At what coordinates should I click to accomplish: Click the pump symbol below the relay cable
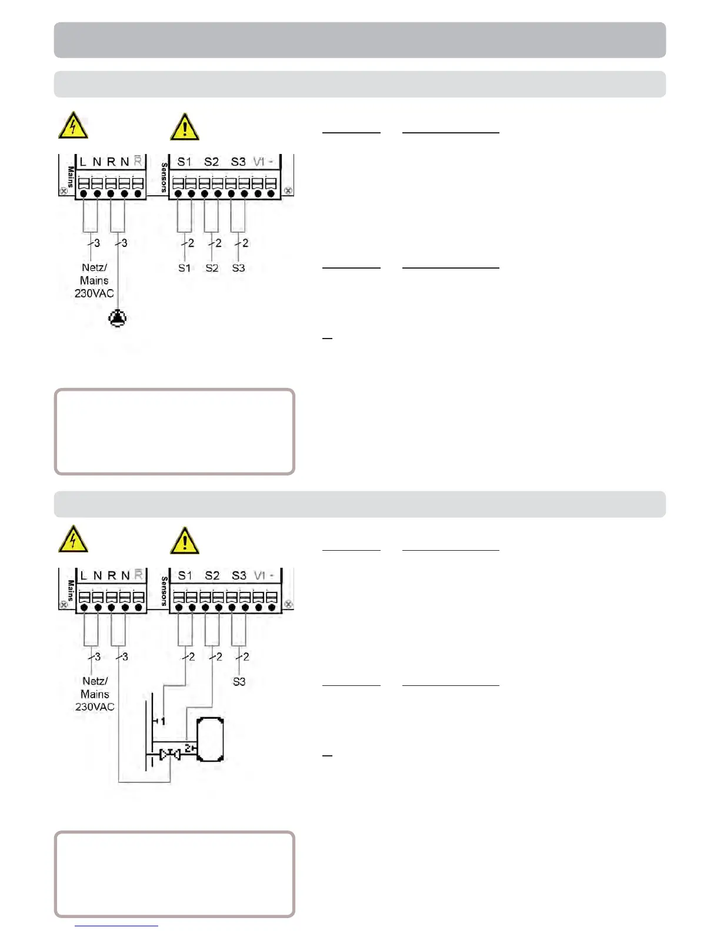tap(118, 318)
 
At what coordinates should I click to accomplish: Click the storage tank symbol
tap(210, 739)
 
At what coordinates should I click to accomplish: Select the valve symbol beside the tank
tap(170, 753)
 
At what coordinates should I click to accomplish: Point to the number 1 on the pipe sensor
tap(162, 721)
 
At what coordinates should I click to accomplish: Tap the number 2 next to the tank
tap(188, 748)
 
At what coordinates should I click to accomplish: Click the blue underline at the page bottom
tap(116, 926)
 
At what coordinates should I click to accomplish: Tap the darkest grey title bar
tap(359, 40)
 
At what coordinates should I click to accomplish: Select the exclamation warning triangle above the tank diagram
tap(185, 540)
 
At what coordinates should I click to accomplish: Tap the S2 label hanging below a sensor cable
tap(212, 268)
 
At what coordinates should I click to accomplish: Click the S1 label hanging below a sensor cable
tap(185, 268)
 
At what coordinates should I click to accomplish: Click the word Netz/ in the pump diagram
tap(94, 267)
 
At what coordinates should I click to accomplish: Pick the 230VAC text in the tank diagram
tap(95, 707)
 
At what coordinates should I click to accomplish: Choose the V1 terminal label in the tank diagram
tap(260, 575)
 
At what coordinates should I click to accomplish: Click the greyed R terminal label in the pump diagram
tap(138, 161)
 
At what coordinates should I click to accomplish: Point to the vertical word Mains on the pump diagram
tap(71, 176)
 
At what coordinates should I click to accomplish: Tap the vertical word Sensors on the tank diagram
tap(164, 591)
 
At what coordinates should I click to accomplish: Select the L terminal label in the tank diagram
tap(84, 575)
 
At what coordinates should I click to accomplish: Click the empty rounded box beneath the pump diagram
tap(174, 431)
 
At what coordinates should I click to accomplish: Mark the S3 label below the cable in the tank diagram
tap(239, 682)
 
